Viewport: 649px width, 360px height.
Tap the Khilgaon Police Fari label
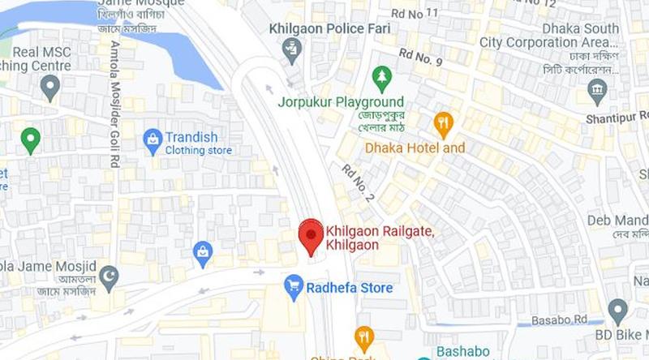tap(329, 28)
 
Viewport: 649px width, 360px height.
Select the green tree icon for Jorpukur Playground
tap(381, 78)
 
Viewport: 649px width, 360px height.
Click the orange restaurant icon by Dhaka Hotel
tap(443, 124)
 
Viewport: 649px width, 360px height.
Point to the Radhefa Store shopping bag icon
tap(294, 287)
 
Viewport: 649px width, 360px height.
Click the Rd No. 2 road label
tap(358, 182)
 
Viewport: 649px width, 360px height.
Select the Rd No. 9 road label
tap(419, 58)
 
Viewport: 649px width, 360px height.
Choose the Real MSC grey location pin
tap(51, 85)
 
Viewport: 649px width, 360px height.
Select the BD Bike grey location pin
tap(618, 309)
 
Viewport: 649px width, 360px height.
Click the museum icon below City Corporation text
tap(598, 90)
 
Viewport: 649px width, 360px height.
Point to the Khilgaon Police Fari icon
tap(291, 50)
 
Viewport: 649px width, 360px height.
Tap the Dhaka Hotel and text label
tap(415, 148)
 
